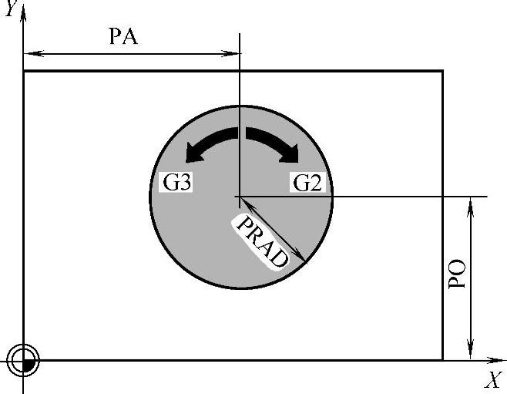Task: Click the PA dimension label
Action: point(123,37)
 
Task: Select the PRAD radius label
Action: point(261,241)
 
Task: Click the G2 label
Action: point(308,183)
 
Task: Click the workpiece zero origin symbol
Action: point(24,360)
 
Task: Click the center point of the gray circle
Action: point(240,197)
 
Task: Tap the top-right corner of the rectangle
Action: point(442,71)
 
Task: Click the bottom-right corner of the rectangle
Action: point(442,360)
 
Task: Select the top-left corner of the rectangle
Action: point(24,71)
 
